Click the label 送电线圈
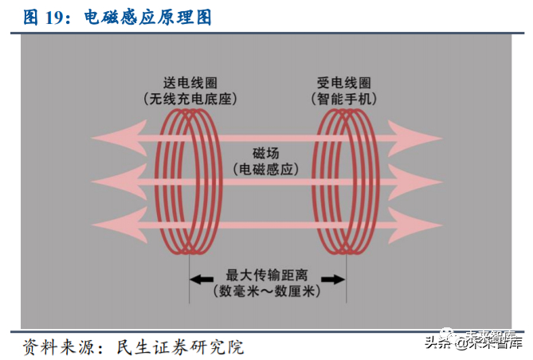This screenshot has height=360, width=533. (190, 83)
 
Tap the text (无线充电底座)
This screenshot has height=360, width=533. (190, 99)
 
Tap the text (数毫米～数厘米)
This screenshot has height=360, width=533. (266, 291)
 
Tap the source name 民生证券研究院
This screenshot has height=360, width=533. (180, 347)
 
